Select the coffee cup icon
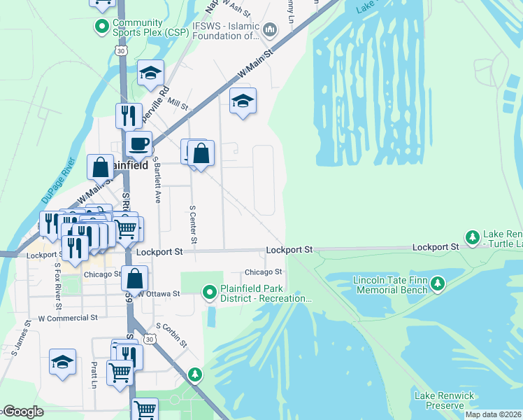138,144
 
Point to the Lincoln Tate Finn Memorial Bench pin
438,283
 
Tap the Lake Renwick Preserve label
439,400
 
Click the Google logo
23,412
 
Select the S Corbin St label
171,335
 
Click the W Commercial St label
68,318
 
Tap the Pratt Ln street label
92,374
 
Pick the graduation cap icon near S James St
62,363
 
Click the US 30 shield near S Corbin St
149,339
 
